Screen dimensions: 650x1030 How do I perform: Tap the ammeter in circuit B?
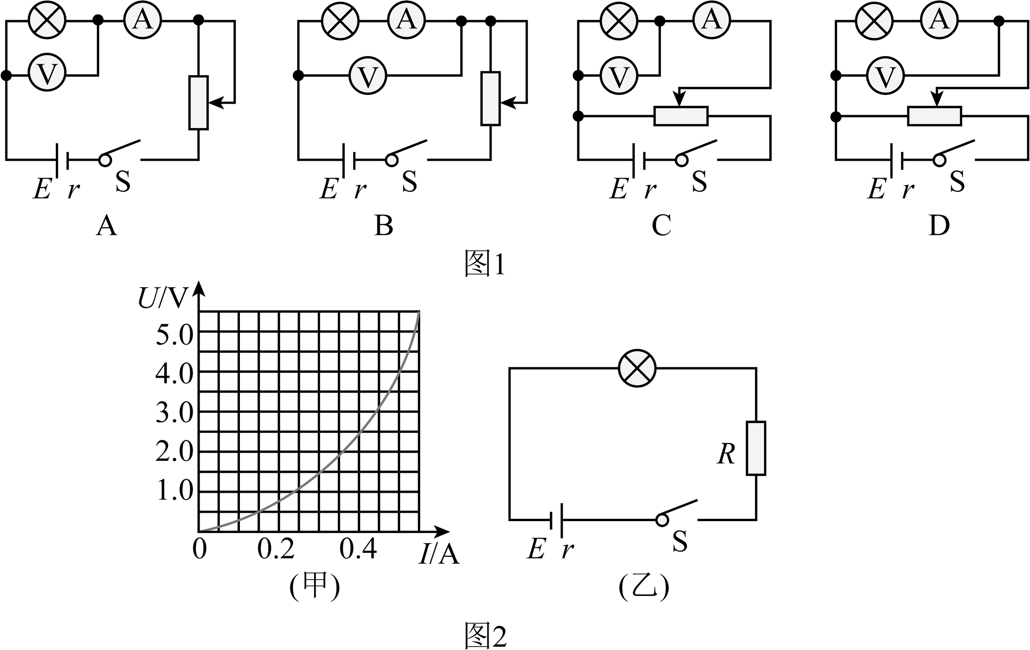[x=406, y=20]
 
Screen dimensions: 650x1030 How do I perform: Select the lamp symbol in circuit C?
[x=619, y=21]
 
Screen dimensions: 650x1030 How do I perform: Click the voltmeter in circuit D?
[x=886, y=76]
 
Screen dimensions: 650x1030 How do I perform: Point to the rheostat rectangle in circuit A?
[x=198, y=103]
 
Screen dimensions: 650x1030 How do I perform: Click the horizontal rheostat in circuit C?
[x=681, y=116]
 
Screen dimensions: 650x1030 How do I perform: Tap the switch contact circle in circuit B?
[x=391, y=160]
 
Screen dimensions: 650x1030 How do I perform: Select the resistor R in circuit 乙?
[x=756, y=448]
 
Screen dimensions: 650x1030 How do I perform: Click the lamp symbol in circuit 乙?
[x=637, y=368]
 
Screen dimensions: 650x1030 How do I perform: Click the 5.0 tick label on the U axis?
[x=175, y=335]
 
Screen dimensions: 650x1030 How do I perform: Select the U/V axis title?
[x=163, y=298]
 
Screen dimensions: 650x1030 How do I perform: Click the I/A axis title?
[x=439, y=554]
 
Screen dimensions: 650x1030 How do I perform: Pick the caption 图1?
[x=485, y=264]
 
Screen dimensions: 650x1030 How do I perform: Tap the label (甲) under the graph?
[x=315, y=586]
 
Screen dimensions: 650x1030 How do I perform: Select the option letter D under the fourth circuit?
[x=939, y=225]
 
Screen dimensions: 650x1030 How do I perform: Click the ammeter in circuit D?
[x=939, y=20]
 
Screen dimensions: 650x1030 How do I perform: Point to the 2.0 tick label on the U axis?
[x=175, y=452]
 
